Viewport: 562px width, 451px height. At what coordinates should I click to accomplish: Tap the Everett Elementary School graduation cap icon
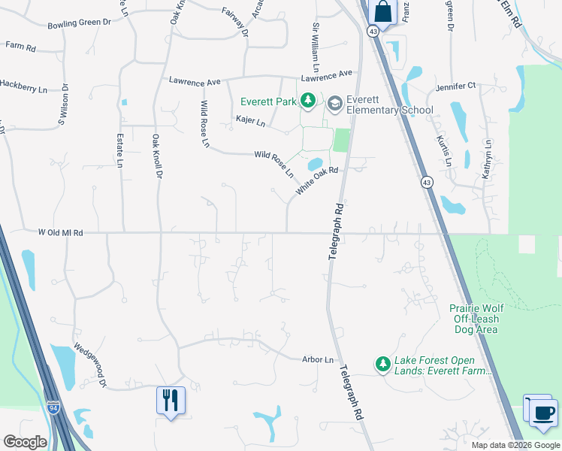334,103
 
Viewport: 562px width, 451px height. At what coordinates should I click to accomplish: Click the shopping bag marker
382,12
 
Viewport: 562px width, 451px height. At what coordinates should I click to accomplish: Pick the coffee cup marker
543,411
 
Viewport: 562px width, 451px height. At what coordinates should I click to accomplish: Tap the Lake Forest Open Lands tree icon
383,365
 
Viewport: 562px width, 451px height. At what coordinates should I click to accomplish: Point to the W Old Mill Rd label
60,233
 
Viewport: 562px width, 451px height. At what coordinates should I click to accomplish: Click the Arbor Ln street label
317,360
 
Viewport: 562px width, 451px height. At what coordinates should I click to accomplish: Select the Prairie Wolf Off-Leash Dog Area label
474,319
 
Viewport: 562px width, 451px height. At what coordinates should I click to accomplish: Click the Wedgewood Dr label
91,367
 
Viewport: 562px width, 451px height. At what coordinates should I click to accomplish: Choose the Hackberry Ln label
23,89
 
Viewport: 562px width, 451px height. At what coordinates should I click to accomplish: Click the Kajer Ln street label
250,120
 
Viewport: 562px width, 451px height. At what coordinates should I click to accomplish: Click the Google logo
25,442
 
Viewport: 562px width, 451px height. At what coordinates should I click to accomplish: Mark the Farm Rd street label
20,47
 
